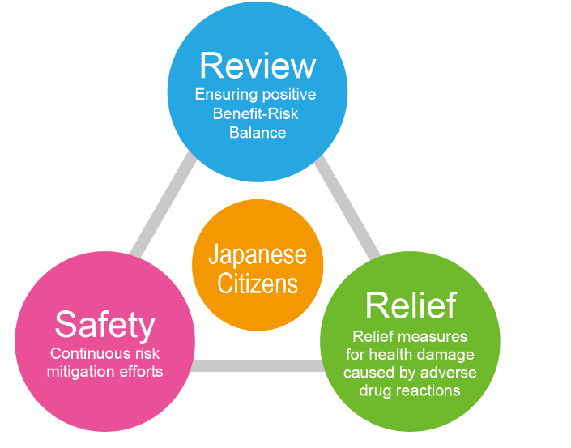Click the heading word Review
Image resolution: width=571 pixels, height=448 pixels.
257,66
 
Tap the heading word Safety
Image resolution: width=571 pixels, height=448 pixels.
104,325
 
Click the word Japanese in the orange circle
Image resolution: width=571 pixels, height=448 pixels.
258,255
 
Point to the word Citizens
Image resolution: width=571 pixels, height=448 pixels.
258,284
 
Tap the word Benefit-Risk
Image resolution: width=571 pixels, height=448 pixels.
256,113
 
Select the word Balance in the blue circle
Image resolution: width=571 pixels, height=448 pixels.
258,132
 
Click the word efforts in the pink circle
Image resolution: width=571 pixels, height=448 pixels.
139,372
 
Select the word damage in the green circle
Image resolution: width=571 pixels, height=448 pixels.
450,355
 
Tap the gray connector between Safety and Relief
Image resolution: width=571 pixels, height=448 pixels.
258,365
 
